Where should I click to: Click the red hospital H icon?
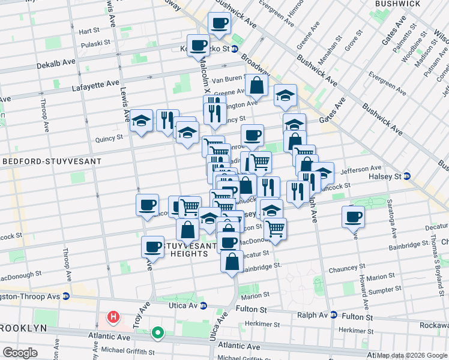click(x=112, y=316)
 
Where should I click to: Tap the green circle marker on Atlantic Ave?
click(x=158, y=332)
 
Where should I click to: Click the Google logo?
click(x=20, y=353)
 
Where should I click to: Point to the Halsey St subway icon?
click(x=407, y=176)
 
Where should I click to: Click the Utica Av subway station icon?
click(x=203, y=305)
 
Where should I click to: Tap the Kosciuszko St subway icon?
click(x=235, y=49)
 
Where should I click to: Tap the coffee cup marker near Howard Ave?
click(x=354, y=217)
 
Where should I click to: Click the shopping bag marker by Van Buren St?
click(x=256, y=85)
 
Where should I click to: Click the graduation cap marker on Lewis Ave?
click(x=141, y=121)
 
